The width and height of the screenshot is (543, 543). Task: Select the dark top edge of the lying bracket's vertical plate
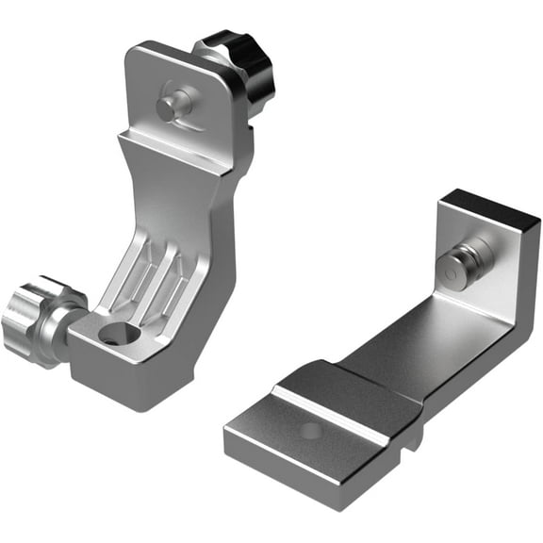[490, 206]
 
